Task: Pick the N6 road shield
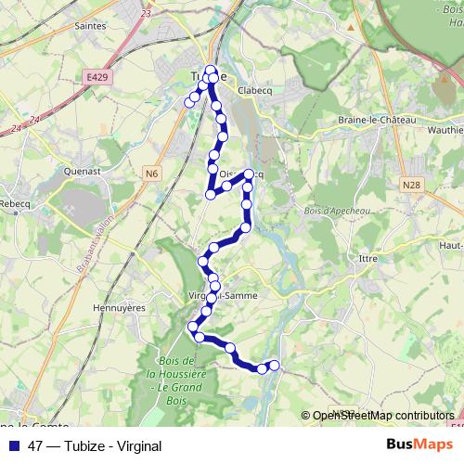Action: (x=153, y=172)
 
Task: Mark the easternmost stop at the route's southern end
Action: (x=274, y=365)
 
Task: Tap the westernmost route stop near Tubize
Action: (x=189, y=102)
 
